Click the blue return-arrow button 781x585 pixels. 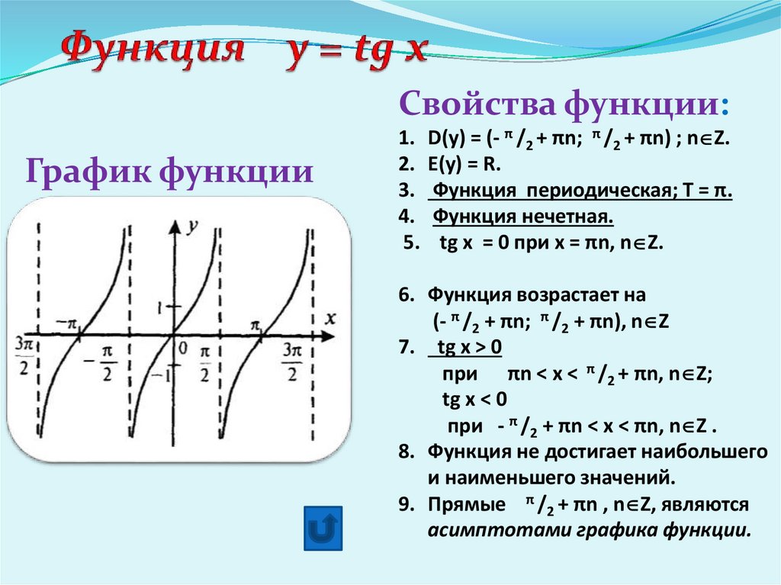tap(323, 527)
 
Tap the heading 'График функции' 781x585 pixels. tap(170, 170)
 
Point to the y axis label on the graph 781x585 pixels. tap(194, 226)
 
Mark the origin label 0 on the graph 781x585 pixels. tap(182, 349)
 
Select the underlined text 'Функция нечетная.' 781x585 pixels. tap(524, 218)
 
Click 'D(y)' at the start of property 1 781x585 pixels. tap(443, 139)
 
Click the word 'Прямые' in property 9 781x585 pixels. tap(466, 505)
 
